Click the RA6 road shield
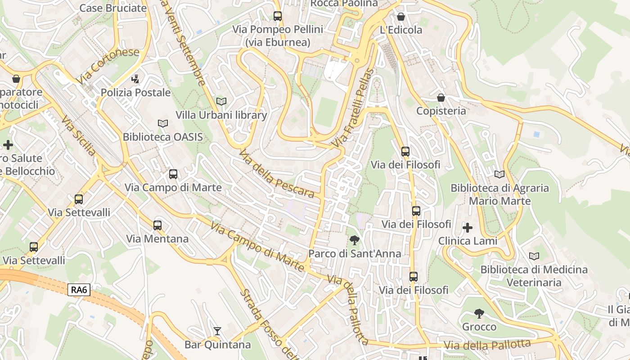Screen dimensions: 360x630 (x=79, y=290)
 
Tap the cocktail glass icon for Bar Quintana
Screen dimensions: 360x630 (x=217, y=331)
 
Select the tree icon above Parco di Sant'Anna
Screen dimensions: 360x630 (x=355, y=240)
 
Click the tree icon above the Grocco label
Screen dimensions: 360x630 (x=479, y=313)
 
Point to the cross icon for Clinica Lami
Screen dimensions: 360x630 (x=468, y=228)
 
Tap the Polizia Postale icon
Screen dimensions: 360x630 (x=135, y=79)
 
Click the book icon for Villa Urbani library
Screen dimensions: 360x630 (x=221, y=101)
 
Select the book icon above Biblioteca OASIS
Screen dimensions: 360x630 (x=162, y=123)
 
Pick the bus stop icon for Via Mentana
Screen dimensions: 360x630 (x=157, y=225)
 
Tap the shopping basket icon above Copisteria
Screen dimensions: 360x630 (x=441, y=98)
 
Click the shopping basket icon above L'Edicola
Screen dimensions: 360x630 (x=401, y=17)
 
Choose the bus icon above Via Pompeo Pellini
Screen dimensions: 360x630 (x=278, y=16)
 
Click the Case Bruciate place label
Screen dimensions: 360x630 (x=113, y=8)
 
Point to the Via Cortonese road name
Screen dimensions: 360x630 (x=108, y=66)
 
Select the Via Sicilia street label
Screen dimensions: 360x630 (x=79, y=135)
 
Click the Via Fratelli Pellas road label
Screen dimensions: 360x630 (x=354, y=108)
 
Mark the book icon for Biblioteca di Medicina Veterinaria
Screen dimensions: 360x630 (x=534, y=256)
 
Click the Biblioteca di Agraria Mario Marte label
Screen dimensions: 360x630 (x=499, y=194)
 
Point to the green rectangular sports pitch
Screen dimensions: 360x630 (x=326, y=112)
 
